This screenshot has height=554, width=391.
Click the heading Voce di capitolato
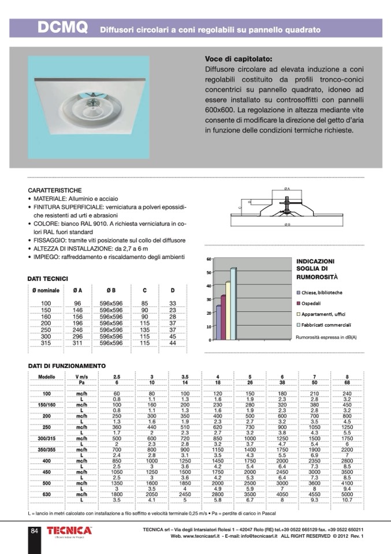point(239,58)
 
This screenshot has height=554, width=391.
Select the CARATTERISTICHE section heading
point(54,190)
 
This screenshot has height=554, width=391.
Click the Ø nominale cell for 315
point(46,343)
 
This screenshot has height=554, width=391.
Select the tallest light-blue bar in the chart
point(233,304)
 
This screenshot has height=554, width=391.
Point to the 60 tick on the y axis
point(208,259)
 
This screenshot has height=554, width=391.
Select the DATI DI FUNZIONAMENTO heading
point(67,365)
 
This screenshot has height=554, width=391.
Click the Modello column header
point(46,376)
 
